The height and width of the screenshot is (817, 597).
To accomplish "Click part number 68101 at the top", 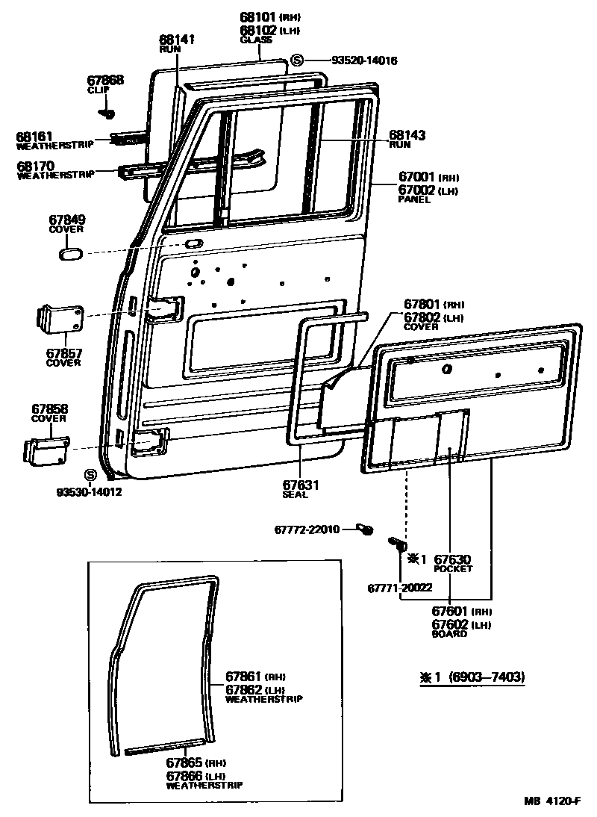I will (x=257, y=16).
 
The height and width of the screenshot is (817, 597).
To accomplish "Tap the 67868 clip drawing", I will (x=107, y=114).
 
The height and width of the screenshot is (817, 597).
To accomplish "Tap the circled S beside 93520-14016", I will (x=297, y=60).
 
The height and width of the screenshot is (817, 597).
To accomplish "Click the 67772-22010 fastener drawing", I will (x=366, y=529).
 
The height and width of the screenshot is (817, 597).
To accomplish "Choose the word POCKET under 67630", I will (x=452, y=568).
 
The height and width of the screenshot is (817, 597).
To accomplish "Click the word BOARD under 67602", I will (x=449, y=634).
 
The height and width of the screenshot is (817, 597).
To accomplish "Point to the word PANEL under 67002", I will (x=414, y=200).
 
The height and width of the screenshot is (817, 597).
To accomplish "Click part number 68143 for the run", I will (x=407, y=135).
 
